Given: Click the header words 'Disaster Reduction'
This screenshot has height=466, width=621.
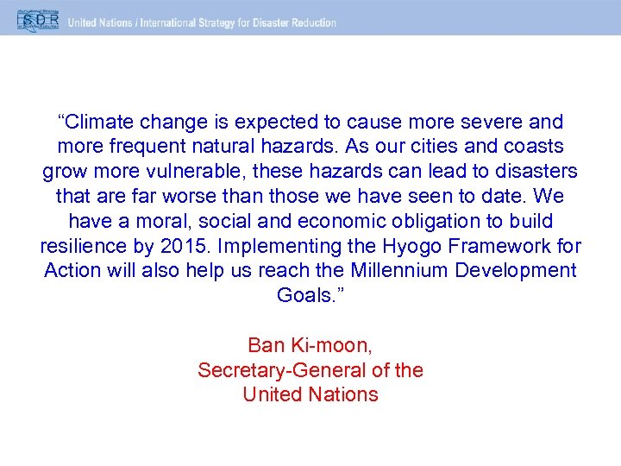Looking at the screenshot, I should click(292, 22).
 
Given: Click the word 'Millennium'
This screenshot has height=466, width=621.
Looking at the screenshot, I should click(406, 270).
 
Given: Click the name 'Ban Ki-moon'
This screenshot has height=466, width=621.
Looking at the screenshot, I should click(310, 345).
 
